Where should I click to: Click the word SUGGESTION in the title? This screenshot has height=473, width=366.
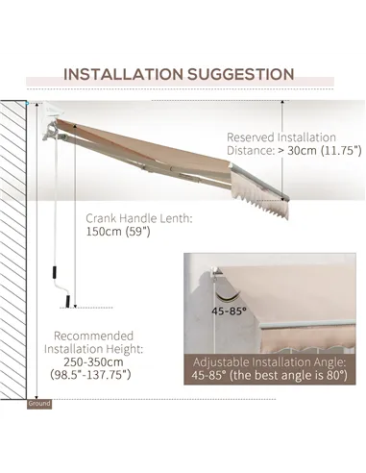click(x=243, y=73)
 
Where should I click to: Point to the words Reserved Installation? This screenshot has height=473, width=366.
click(x=281, y=137)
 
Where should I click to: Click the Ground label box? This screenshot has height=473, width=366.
click(x=38, y=404)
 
